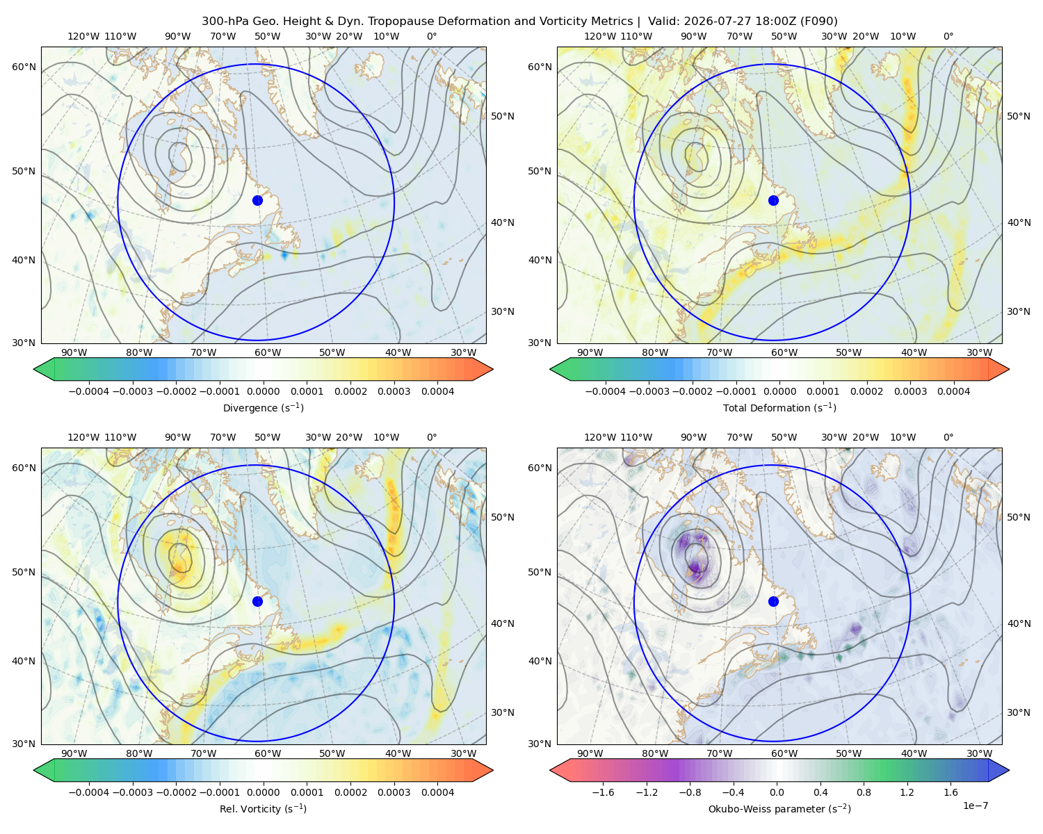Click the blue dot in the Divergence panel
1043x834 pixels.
pos(257,200)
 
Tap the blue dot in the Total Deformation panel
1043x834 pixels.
pos(773,200)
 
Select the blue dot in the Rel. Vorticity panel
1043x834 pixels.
pos(257,601)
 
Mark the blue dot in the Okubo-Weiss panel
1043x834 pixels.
pos(773,601)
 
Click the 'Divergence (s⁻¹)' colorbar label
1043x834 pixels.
pos(263,407)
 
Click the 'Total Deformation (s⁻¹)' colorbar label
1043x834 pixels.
pos(779,407)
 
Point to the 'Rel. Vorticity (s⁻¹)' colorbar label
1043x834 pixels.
pos(263,808)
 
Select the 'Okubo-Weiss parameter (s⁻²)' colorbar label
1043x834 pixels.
pos(779,808)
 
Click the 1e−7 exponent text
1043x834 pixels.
pos(975,806)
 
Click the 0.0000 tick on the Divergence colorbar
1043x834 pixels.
pos(263,391)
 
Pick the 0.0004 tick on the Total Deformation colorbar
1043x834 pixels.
pos(953,391)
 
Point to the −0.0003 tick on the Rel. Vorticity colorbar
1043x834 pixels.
pos(132,792)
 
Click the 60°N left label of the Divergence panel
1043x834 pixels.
pos(24,67)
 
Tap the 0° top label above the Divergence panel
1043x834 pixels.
pos(432,36)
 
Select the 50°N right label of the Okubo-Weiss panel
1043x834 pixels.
pos(1018,516)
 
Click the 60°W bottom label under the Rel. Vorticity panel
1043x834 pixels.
pos(268,753)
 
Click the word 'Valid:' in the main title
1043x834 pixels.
pos(663,21)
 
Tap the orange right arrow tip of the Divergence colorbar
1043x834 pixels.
pos(492,369)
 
